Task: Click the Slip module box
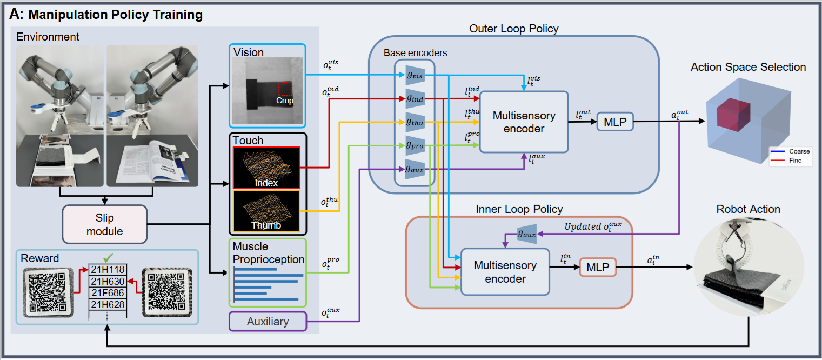tap(105, 224)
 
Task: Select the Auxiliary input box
tap(268, 322)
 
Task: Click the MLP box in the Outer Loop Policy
tap(615, 123)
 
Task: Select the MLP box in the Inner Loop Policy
tap(598, 267)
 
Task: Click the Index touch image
tap(266, 168)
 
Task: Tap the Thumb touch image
tap(266, 211)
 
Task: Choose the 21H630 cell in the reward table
tap(108, 281)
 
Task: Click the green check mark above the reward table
tap(108, 258)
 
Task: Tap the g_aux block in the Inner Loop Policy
tap(527, 234)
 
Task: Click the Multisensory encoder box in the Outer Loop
tap(524, 122)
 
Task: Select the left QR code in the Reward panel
tap(46, 292)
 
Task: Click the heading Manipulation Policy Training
tap(115, 15)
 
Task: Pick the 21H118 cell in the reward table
tap(108, 270)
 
